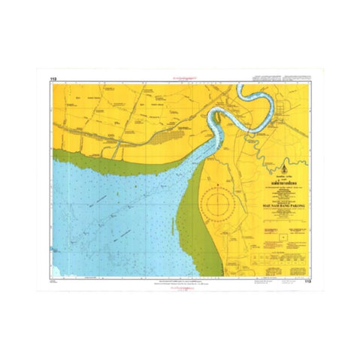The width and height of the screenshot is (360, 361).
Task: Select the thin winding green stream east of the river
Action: click(x=278, y=150)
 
